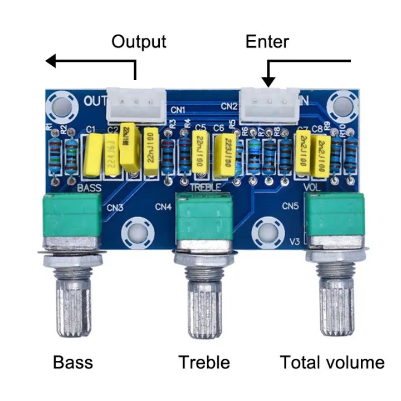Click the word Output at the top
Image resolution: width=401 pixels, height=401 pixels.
(139, 42)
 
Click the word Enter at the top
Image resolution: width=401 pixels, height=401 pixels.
(267, 42)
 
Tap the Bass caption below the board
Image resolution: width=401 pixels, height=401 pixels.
(73, 363)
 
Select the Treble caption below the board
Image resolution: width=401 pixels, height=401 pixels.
(204, 363)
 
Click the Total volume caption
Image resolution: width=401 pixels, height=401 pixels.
(332, 363)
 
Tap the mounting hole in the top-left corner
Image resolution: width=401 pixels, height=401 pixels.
(62, 105)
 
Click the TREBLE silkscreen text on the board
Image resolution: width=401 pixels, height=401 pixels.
(206, 187)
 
